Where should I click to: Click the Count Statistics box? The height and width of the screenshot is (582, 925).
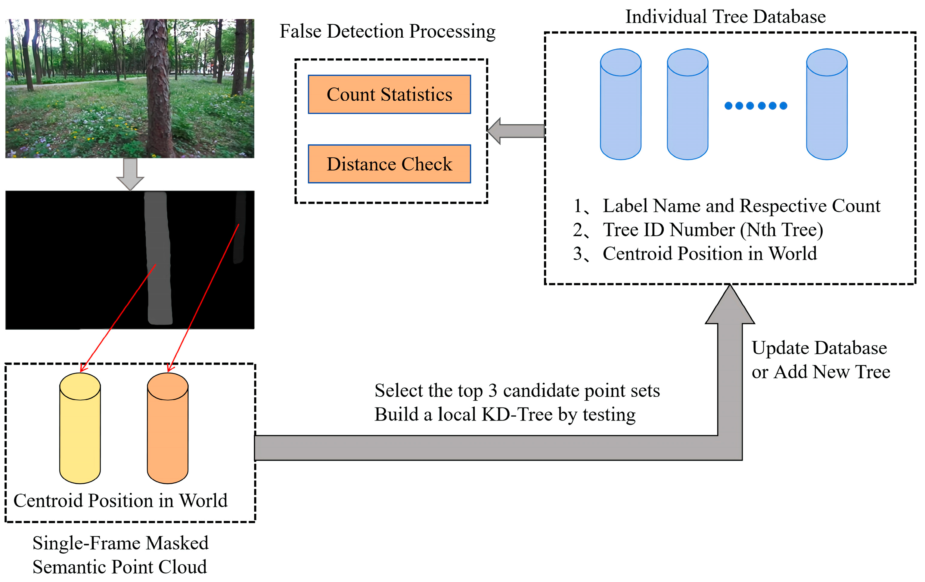[389, 94]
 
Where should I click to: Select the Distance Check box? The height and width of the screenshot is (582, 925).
[389, 164]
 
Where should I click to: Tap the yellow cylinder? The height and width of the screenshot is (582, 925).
[80, 428]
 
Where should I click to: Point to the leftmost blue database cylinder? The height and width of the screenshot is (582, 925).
[620, 104]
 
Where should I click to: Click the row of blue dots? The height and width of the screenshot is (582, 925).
[755, 106]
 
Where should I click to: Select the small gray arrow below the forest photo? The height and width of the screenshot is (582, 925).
[130, 174]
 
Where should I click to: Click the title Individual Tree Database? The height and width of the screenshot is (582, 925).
[725, 17]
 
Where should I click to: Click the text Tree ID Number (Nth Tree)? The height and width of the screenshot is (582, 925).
[712, 230]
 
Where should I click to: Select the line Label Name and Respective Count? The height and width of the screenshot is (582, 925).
[741, 206]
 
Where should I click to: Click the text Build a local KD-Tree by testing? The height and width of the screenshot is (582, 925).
[505, 414]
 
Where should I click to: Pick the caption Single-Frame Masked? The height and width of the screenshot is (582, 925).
[120, 543]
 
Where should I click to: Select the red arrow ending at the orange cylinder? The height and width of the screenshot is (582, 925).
[203, 297]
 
